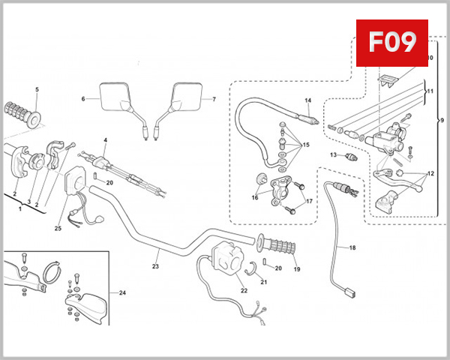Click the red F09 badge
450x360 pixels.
[x=390, y=43]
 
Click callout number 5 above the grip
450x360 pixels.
[x=37, y=90]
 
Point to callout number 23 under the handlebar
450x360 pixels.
[x=156, y=265]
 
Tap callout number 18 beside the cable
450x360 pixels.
[x=352, y=247]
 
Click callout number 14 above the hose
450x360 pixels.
[x=307, y=100]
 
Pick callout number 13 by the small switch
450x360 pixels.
[x=331, y=154]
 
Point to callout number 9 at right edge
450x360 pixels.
[x=441, y=121]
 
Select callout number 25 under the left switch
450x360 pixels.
[x=57, y=228]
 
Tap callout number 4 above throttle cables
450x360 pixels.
[x=106, y=140]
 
